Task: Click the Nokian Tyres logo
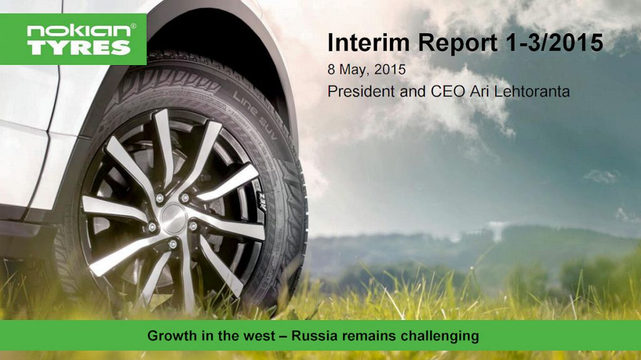[x=73, y=39]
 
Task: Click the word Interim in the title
[x=368, y=42]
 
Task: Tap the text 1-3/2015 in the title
[x=555, y=42]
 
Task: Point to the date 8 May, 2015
[x=366, y=69]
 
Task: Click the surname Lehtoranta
[x=531, y=91]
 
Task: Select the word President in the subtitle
[x=361, y=91]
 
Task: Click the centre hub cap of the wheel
[x=173, y=219]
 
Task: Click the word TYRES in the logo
[x=79, y=48]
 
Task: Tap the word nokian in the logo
[x=78, y=31]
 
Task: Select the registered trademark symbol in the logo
[x=133, y=26]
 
